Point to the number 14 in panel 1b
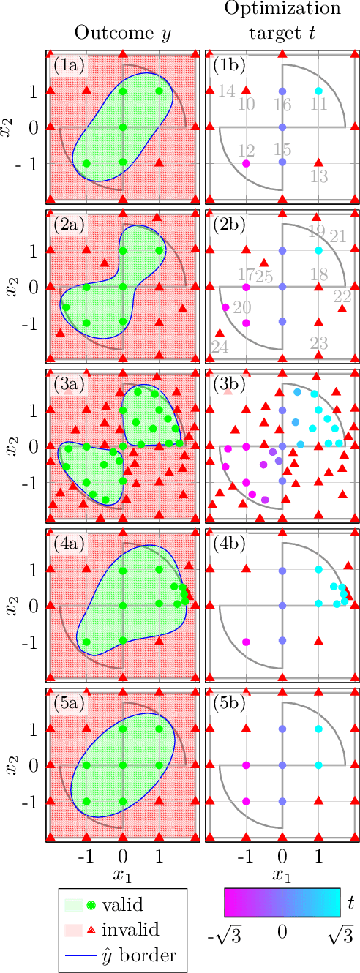[x=227, y=91]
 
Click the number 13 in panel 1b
[x=318, y=176]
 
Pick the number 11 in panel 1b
[x=318, y=104]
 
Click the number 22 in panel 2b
[x=342, y=296]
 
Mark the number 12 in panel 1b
[x=246, y=151]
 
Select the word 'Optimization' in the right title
[x=282, y=10]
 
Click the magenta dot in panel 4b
[x=246, y=642]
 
